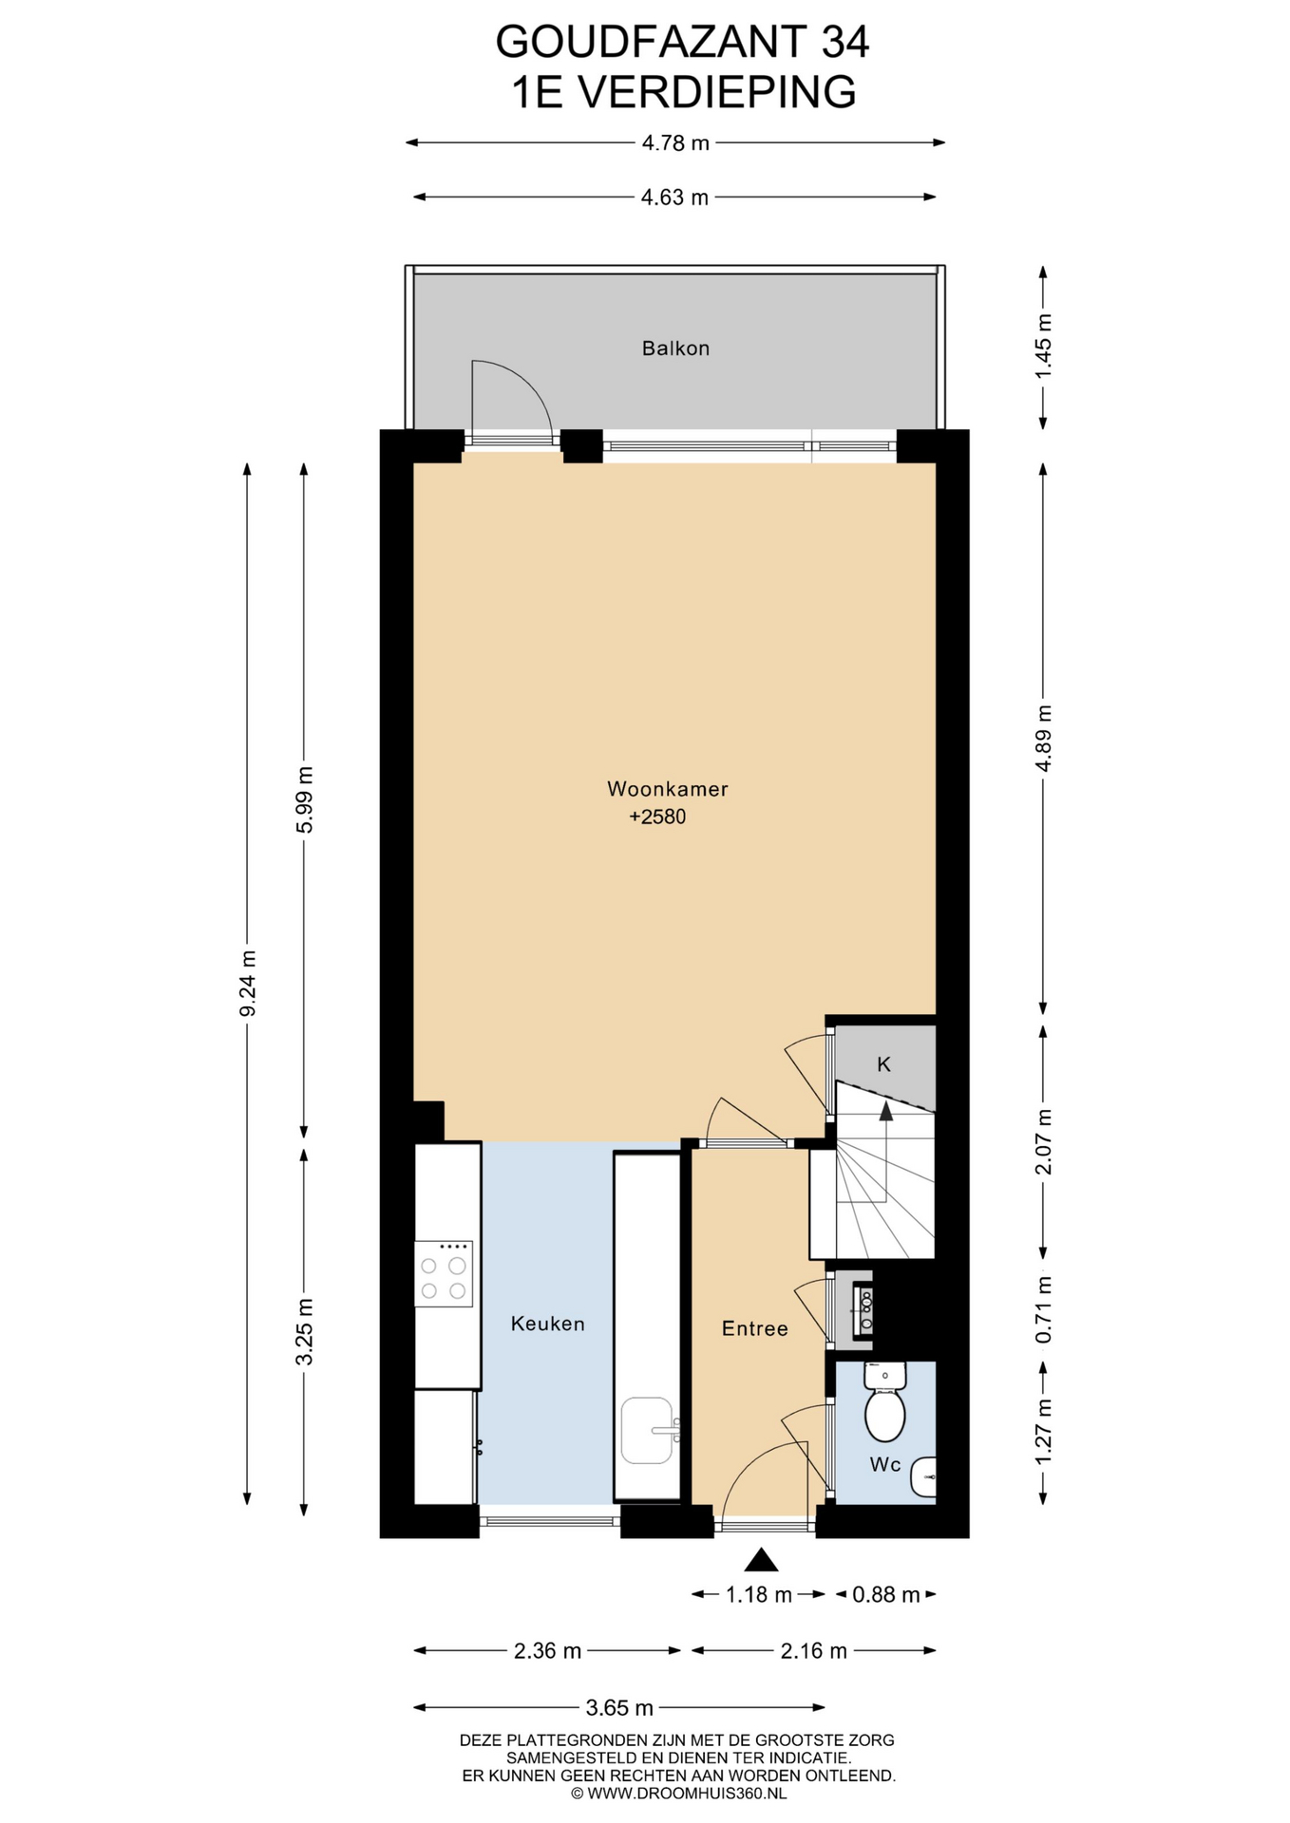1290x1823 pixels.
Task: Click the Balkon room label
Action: point(675,348)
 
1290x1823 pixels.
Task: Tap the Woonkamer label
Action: point(668,789)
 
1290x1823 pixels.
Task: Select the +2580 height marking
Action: point(657,817)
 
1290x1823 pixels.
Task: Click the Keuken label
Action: point(547,1324)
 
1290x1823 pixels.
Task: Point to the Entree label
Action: point(755,1329)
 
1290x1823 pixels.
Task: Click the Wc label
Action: point(885,1465)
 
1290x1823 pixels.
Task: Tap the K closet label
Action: point(883,1065)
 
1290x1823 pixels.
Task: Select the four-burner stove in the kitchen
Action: point(444,1274)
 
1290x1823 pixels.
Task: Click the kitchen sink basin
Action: point(648,1430)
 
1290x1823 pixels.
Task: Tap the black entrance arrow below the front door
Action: point(761,1560)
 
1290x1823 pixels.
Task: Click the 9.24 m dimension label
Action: point(248,983)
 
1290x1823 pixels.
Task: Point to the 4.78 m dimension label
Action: point(675,143)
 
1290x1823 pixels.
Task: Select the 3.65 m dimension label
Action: point(619,1708)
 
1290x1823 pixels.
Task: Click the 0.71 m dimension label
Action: point(1043,1309)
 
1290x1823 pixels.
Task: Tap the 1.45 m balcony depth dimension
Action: point(1043,346)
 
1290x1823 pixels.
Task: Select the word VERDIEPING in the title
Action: point(717,92)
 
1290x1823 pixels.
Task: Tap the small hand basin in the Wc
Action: point(923,1478)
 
